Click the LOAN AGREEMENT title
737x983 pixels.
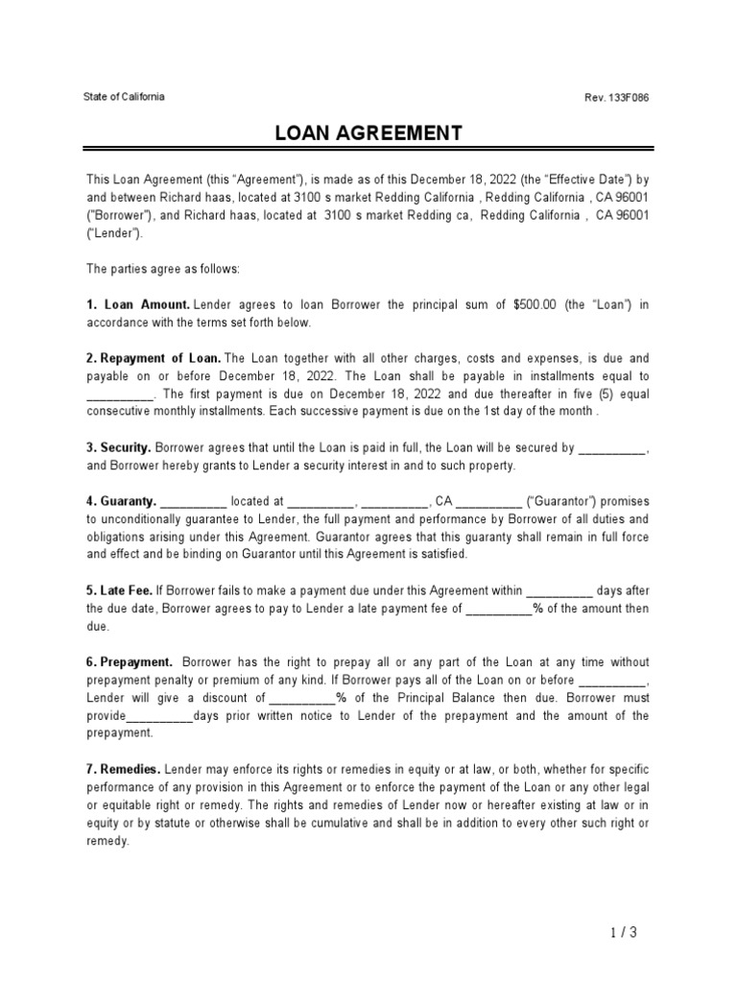pyautogui.click(x=368, y=132)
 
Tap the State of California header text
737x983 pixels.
pyautogui.click(x=125, y=97)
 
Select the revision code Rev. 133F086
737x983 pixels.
pyautogui.click(x=622, y=98)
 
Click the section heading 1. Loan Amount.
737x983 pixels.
pyautogui.click(x=138, y=305)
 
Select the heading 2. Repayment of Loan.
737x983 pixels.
pyautogui.click(x=154, y=358)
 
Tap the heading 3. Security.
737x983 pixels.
pyautogui.click(x=119, y=447)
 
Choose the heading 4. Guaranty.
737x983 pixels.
pyautogui.click(x=121, y=501)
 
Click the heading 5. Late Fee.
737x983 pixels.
pyautogui.click(x=123, y=591)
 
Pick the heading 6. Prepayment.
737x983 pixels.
pyautogui.click(x=130, y=662)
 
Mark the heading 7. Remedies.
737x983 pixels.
pyautogui.click(x=124, y=770)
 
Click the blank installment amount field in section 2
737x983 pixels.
pyautogui.click(x=120, y=394)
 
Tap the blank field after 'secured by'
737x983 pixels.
pyautogui.click(x=614, y=448)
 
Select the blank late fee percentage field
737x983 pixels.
pyautogui.click(x=498, y=610)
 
